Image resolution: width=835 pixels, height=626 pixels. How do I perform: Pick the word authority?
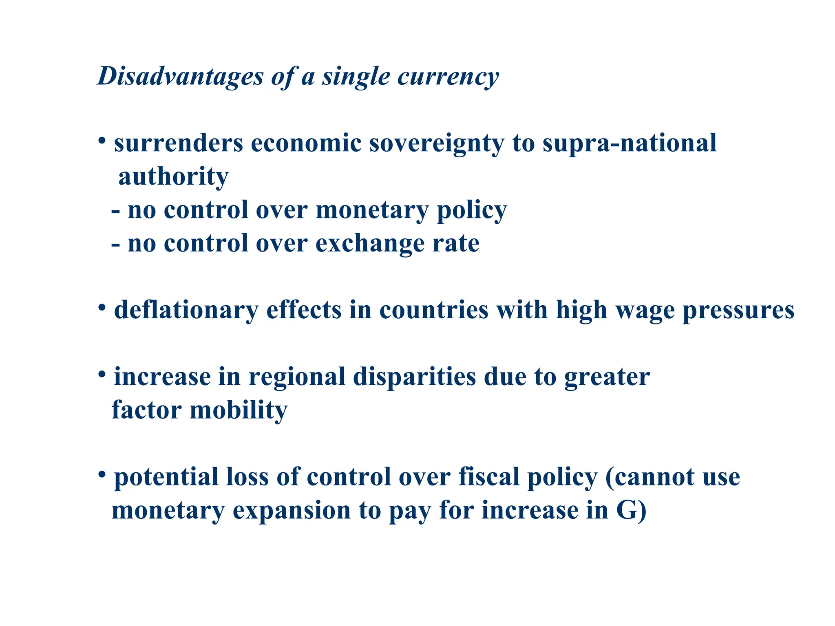173,177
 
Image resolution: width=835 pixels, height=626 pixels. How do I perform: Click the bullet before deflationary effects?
102,306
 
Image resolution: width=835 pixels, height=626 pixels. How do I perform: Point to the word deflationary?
186,311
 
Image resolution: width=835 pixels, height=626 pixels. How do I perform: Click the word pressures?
738,311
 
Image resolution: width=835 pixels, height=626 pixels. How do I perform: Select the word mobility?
239,410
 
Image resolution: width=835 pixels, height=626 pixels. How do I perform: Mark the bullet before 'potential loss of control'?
102,474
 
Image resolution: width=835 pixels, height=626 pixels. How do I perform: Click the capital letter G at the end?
626,510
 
